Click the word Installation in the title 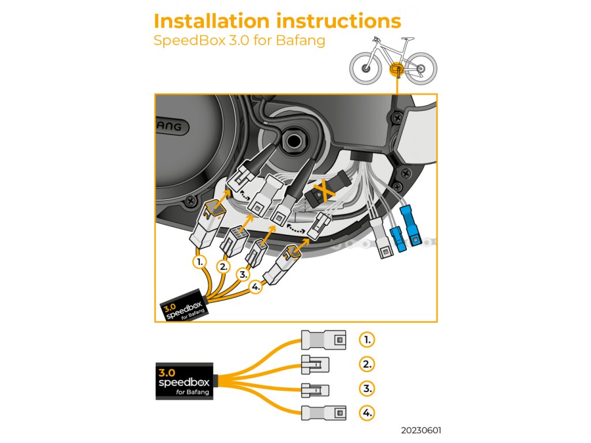point(211,21)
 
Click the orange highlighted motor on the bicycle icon point(397,69)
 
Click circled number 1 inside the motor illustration point(199,261)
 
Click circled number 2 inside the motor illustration point(223,266)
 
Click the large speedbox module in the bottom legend point(184,381)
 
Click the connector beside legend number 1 point(324,339)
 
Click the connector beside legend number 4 point(324,412)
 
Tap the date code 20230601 point(422,431)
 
